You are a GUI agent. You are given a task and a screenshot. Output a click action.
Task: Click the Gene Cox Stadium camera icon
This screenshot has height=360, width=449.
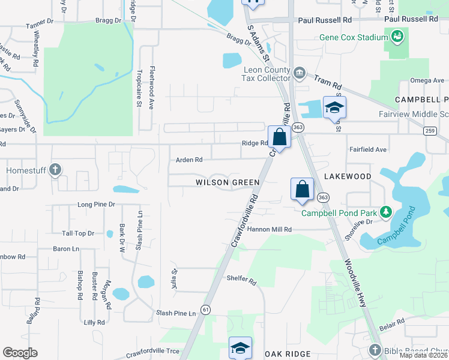point(396,38)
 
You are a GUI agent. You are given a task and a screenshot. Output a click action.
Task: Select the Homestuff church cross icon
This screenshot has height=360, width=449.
point(55,170)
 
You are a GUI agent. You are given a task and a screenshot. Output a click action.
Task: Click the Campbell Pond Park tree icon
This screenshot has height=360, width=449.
point(385,212)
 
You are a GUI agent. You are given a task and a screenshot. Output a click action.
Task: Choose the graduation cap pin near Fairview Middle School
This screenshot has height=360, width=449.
point(335,108)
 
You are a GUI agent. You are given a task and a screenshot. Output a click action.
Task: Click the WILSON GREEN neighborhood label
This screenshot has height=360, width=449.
point(228,182)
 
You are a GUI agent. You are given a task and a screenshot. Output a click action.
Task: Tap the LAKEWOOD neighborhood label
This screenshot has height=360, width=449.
point(348,176)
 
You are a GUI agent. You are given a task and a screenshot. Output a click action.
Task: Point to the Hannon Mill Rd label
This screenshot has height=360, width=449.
point(269,229)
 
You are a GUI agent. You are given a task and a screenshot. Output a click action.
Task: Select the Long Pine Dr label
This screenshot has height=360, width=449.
point(96,205)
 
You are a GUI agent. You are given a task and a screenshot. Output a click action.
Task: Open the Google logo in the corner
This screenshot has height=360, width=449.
point(20,353)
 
